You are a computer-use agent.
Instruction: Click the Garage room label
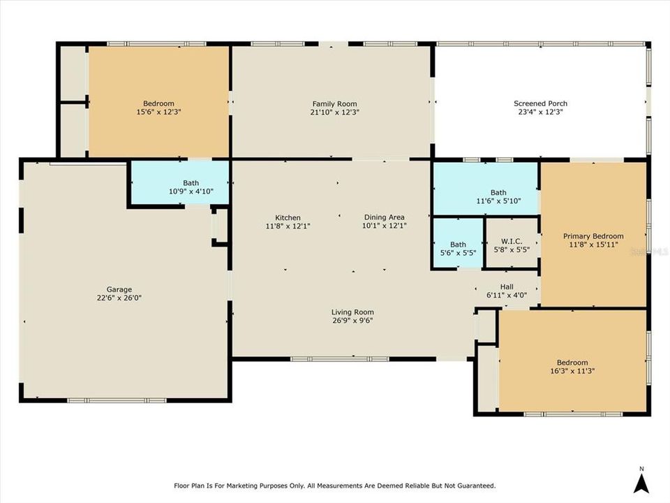[119, 289]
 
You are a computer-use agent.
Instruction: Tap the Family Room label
[334, 104]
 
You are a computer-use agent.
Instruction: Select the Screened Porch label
[540, 103]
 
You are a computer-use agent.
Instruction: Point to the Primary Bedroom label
[593, 236]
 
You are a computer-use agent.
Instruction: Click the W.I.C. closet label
[512, 241]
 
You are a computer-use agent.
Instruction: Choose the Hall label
[507, 286]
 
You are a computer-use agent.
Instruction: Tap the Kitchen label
[288, 218]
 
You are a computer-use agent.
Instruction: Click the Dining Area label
[384, 217]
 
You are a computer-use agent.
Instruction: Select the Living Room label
[352, 312]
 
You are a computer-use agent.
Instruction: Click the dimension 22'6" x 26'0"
[119, 298]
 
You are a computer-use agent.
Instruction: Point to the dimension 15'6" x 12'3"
[158, 112]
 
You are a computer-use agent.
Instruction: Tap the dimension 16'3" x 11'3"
[572, 371]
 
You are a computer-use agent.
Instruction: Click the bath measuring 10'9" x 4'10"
[191, 183]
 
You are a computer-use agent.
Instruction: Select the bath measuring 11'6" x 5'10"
[498, 193]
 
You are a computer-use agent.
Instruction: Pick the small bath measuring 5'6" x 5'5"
[458, 245]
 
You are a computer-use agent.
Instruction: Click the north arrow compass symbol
[641, 483]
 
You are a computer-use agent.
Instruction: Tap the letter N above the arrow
[641, 469]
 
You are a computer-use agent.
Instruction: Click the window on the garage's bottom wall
[117, 400]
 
